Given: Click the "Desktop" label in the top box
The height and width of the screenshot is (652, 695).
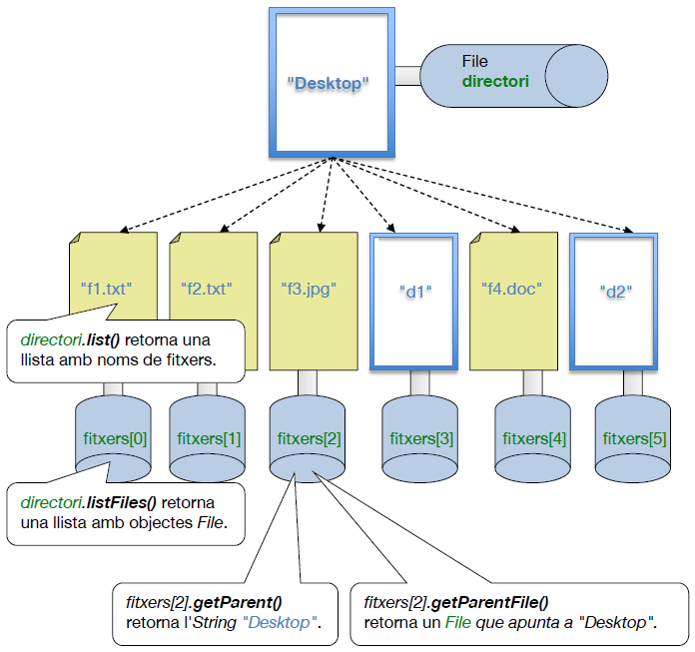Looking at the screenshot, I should coord(329,84).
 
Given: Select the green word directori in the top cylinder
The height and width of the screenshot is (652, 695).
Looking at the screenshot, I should coord(495,80).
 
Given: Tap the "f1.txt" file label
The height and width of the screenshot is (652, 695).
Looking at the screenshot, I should coord(107,290).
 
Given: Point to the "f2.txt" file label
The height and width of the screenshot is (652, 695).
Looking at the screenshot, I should coord(206,290).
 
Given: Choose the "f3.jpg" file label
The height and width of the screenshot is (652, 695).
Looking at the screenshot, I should coord(309,291).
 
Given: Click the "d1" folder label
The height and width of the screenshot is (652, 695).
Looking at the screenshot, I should coord(414,293).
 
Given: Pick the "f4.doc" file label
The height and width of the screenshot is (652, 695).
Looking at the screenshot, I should coord(510,290).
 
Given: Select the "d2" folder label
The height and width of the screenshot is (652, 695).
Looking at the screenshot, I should coord(617,293).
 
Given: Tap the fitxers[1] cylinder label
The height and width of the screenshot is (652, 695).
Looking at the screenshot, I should coord(209,438).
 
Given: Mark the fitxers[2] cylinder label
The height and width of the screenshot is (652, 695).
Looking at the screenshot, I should coord(309,438).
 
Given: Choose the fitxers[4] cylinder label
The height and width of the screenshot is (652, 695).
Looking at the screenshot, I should coord(533,438).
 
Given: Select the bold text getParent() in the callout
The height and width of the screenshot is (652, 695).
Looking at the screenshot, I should coord(237,603).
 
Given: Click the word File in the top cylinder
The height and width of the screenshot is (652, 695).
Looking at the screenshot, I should coord(475,62).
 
